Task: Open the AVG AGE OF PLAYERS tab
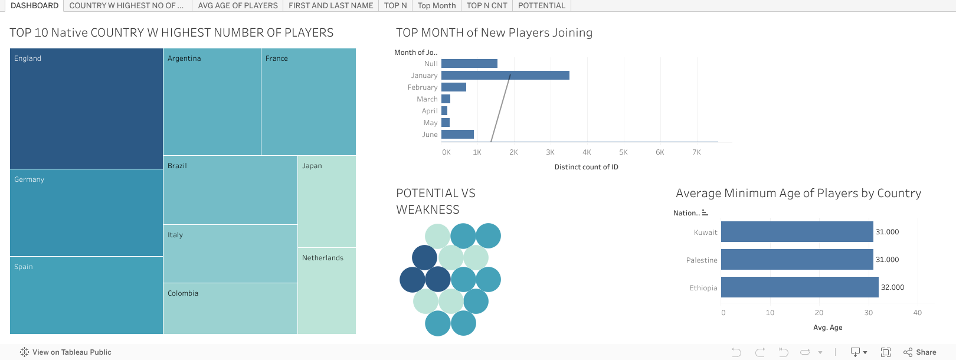238,5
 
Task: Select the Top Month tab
437,5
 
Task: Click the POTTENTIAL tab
542,5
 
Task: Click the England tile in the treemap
86,109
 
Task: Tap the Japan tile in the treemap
327,201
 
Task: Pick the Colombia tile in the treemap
231,308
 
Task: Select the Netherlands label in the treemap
323,258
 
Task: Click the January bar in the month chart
505,76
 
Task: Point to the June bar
457,135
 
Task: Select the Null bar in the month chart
470,64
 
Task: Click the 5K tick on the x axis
624,152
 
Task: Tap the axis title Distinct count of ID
587,167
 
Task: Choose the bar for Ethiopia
800,287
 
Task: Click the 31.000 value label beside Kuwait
888,232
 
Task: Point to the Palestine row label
702,260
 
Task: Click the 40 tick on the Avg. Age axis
918,313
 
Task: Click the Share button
920,352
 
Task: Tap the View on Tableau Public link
66,352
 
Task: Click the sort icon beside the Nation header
705,212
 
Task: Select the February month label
423,87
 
